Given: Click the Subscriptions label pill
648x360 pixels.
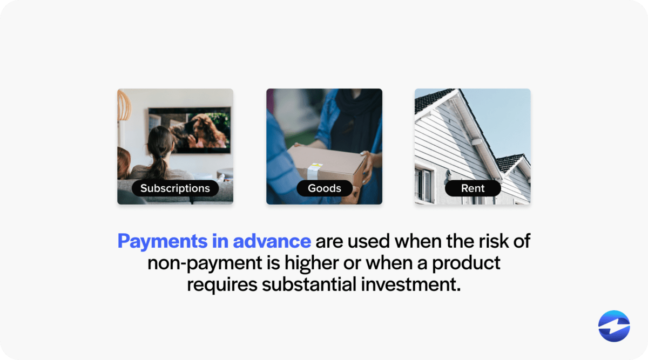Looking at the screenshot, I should coord(175,188).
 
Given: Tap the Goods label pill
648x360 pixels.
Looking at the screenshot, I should coord(324,188).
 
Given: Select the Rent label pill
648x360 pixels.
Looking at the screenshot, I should coord(473,188).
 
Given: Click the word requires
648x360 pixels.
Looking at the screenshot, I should coord(222,284).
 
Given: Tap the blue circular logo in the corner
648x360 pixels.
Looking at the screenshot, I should coord(614,326).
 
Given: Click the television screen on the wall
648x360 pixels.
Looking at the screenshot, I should coord(190,130).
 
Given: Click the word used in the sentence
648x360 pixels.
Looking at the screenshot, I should coord(367,241).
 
